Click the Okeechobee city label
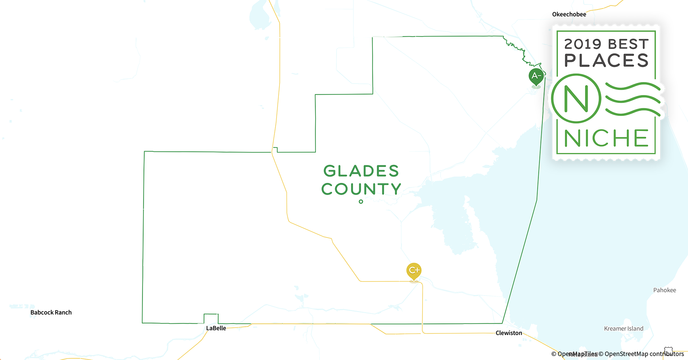(x=569, y=14)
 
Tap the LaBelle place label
(x=216, y=328)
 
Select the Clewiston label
(x=509, y=333)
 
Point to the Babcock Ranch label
(x=51, y=312)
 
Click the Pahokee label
(x=665, y=290)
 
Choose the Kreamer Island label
(x=624, y=329)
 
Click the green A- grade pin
(x=536, y=76)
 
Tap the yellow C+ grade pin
(x=414, y=270)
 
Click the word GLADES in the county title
(x=361, y=171)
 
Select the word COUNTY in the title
(x=361, y=189)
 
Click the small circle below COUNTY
(x=361, y=202)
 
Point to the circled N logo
(x=576, y=98)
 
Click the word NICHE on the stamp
(x=606, y=138)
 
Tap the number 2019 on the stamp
(x=582, y=44)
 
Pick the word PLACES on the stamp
(x=606, y=60)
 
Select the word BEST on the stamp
(x=629, y=44)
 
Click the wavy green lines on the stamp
(x=633, y=99)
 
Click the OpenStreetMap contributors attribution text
(x=644, y=354)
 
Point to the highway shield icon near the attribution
(x=669, y=351)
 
